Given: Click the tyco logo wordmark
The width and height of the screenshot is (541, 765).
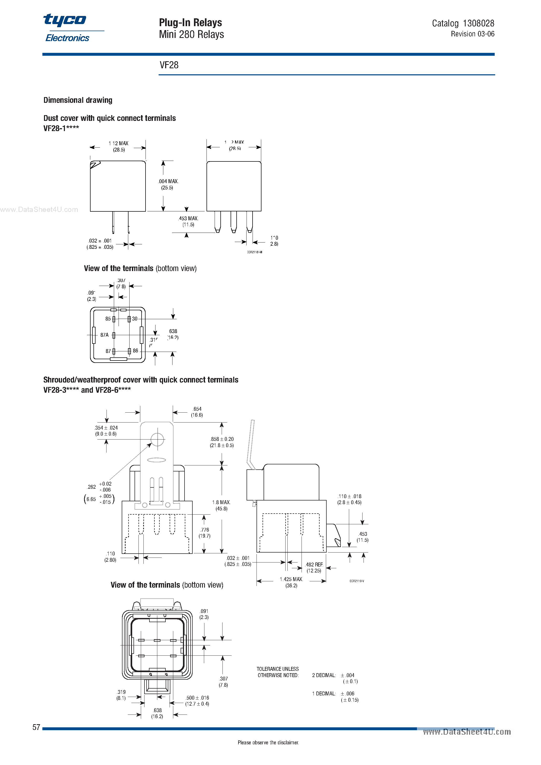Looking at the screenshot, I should coord(65,20).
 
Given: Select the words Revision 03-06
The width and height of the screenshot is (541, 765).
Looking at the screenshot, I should coord(472,34).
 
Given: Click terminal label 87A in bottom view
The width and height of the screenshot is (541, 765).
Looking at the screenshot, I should coord(104,335).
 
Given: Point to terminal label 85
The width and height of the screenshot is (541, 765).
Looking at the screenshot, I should coord(108,319).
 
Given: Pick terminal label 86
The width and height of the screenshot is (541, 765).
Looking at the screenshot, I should coord(135,351).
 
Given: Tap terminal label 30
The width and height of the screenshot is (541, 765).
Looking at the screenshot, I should coord(135,319).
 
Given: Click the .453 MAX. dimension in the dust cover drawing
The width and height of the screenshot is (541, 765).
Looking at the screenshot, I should coord(188,218).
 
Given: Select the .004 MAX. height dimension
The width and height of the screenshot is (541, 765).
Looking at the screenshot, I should coord(168,182).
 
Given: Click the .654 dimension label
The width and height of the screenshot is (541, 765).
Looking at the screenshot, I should coord(197,409).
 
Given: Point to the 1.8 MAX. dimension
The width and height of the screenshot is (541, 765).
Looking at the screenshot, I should coord(221,502).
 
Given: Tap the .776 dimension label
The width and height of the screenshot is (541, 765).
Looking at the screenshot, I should coord(205,530).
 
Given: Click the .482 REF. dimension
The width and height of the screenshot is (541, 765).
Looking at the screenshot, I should coord(314,565).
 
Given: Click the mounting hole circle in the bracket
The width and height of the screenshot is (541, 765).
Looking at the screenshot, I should coord(157,440).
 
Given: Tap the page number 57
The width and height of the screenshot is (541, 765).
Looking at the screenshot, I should coord(36,727).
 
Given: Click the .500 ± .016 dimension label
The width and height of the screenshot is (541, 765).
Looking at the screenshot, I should coord(197,698).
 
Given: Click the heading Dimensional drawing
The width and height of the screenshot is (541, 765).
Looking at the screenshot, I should coord(78,100).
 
